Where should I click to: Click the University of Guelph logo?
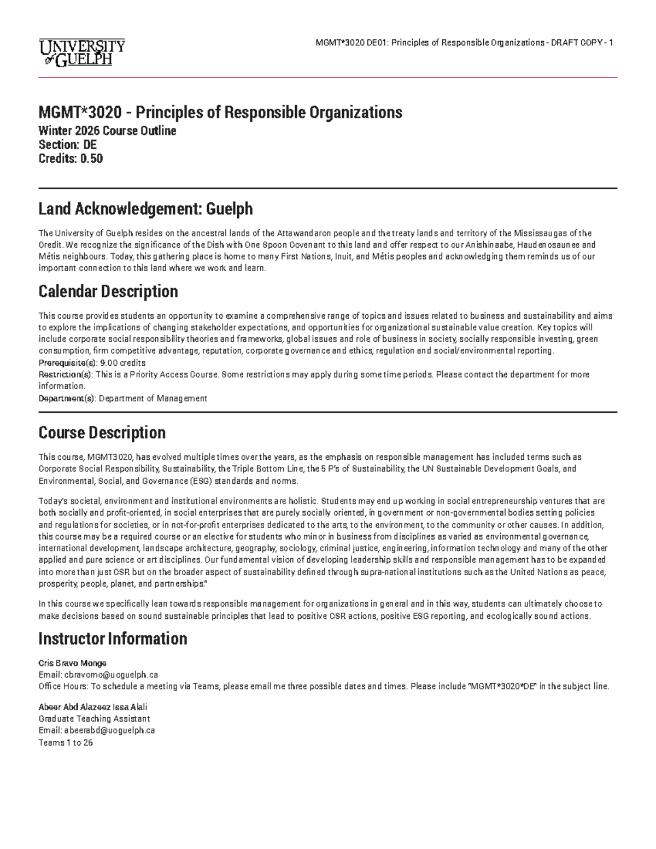[x=81, y=52]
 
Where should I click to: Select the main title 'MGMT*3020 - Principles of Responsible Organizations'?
[x=220, y=113]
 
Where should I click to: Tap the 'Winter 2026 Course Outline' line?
[x=107, y=131]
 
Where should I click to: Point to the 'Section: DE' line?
[x=67, y=145]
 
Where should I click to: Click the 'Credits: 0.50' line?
[x=71, y=159]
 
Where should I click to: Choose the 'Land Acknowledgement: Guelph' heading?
[x=145, y=209]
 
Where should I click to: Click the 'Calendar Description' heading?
[x=108, y=291]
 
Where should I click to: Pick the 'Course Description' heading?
[x=102, y=432]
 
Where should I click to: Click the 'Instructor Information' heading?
[x=113, y=639]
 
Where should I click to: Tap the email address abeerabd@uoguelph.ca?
[x=109, y=730]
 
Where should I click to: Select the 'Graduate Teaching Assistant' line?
[x=94, y=719]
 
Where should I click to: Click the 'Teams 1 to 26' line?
[x=66, y=742]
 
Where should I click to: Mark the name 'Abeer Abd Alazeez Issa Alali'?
[x=93, y=707]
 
